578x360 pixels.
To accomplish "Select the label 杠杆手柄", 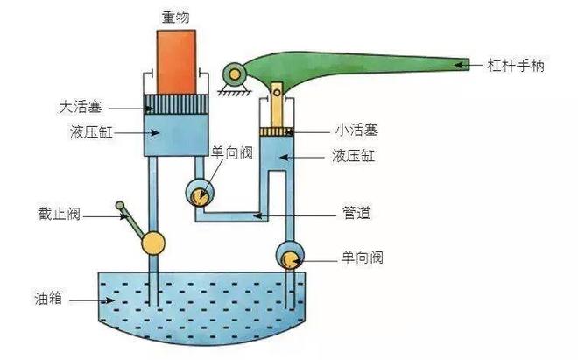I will (x=518, y=65).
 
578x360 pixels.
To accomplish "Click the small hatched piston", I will (x=277, y=131).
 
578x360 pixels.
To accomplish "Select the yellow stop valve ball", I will (x=156, y=243).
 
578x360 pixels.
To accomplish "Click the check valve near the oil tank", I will (x=289, y=258).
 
